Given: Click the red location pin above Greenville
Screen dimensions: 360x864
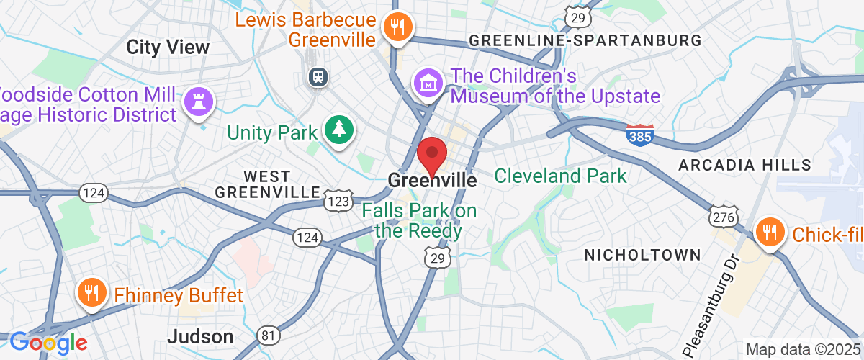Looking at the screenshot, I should tap(433, 153).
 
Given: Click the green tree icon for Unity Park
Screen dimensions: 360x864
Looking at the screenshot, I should tap(337, 130).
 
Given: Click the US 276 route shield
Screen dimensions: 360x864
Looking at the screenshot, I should tap(721, 217).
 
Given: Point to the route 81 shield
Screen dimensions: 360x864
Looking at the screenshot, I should tap(269, 336).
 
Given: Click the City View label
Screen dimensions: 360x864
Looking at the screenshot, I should tap(168, 48).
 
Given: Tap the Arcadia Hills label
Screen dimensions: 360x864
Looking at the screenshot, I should tap(744, 166).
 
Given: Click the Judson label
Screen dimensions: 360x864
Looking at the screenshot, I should tap(200, 336).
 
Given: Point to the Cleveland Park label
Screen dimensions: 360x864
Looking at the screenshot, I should tap(560, 175).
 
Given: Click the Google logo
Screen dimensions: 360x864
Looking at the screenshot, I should tap(48, 342).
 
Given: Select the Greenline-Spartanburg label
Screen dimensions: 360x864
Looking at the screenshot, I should tap(585, 41).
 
